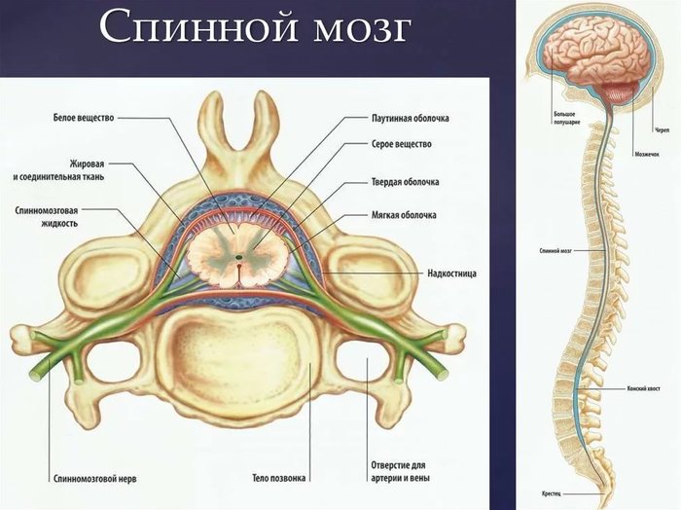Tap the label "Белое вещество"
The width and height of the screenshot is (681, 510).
pos(84,118)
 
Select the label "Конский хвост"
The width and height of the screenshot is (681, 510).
pos(645,387)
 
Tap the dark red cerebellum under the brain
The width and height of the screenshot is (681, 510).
pos(615,98)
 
